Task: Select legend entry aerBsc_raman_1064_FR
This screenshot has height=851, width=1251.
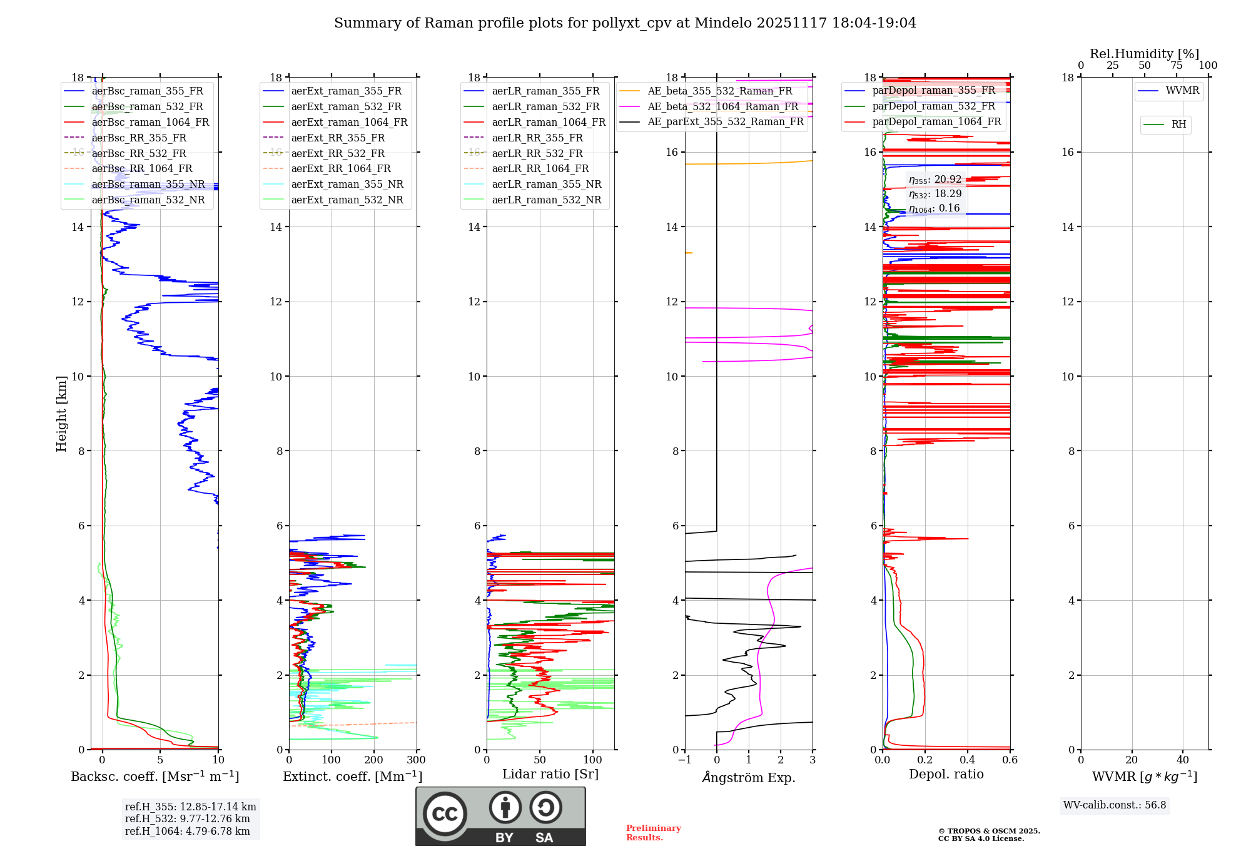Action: [150, 122]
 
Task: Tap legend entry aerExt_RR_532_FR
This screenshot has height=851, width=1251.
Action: [338, 153]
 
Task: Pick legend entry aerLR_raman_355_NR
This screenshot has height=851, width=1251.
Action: [546, 184]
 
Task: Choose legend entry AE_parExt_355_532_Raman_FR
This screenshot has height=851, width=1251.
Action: [725, 121]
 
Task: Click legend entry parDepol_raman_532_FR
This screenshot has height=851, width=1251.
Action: [933, 106]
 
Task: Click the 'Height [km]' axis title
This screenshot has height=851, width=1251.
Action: [61, 414]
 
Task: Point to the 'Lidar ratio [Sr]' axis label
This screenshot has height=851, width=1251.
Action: [550, 774]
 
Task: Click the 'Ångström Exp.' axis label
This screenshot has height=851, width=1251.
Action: [749, 777]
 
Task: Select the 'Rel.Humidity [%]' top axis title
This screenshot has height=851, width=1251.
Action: [1144, 54]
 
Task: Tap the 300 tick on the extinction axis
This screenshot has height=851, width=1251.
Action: [417, 760]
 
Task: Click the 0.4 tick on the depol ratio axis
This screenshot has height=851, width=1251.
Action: [968, 760]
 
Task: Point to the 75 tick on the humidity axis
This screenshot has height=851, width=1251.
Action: [1177, 66]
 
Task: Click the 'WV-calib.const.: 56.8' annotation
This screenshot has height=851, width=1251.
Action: [1115, 805]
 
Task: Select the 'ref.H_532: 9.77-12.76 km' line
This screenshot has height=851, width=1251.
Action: [187, 819]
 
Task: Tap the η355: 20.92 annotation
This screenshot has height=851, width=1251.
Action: [935, 180]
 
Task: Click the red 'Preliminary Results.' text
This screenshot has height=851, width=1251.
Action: [653, 833]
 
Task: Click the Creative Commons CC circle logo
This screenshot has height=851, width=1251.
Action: [445, 813]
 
